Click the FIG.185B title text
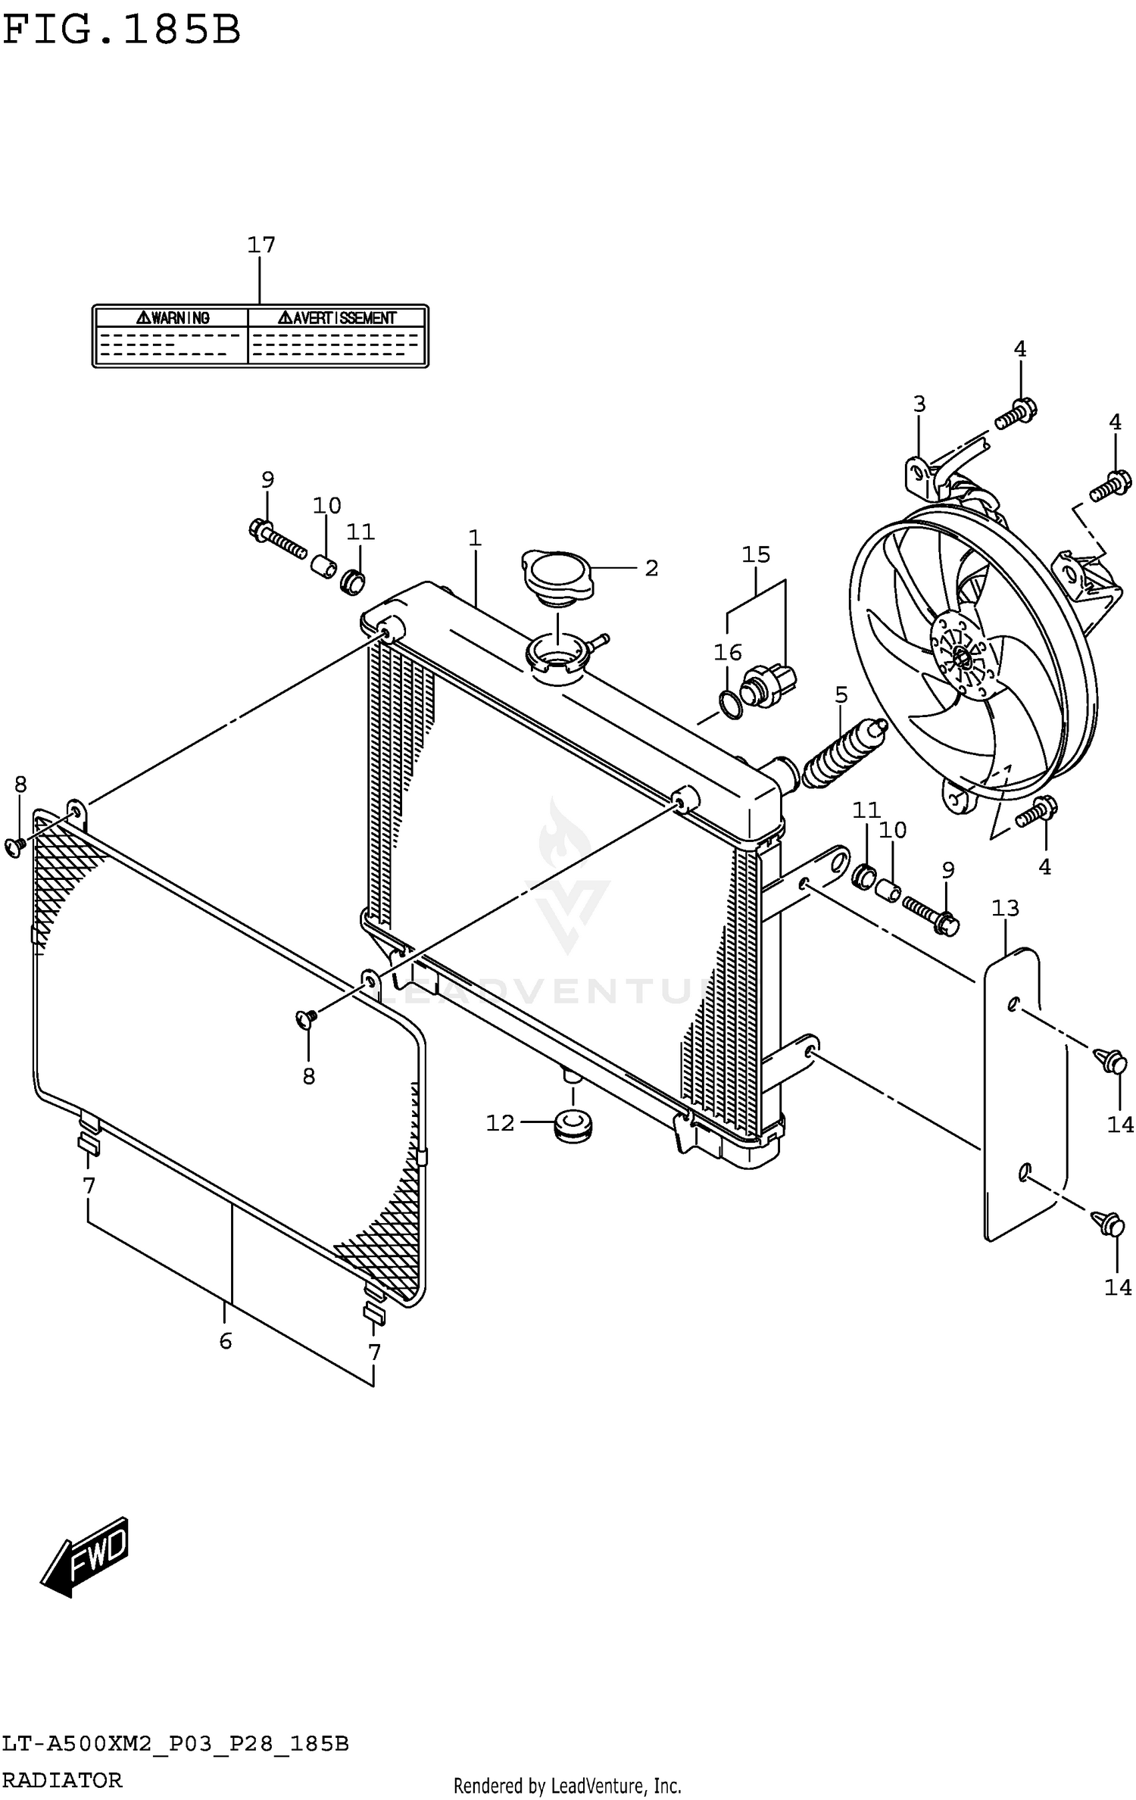tap(121, 30)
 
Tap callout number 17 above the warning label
tap(261, 245)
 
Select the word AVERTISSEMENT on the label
tap(337, 318)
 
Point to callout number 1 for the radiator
tap(475, 538)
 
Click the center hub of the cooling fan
tap(962, 657)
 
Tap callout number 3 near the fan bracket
tap(919, 404)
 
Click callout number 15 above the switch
tap(756, 554)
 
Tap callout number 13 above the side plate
tap(1005, 907)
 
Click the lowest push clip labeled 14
tap(1109, 1224)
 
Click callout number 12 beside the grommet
tap(500, 1123)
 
